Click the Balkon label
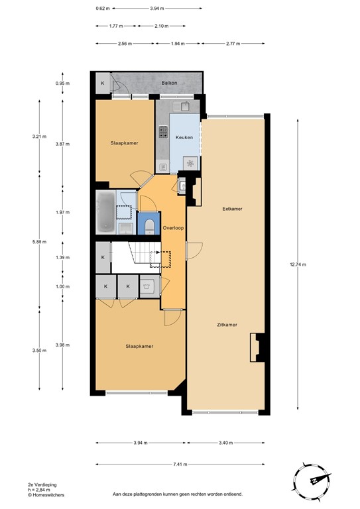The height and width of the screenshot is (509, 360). pyautogui.click(x=169, y=84)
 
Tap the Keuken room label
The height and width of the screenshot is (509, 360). pyautogui.click(x=184, y=137)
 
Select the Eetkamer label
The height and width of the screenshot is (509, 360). pyautogui.click(x=232, y=209)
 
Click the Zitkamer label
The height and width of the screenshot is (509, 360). pyautogui.click(x=227, y=324)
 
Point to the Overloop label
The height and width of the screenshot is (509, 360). pyautogui.click(x=174, y=229)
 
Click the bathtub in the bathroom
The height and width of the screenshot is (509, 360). pyautogui.click(x=105, y=211)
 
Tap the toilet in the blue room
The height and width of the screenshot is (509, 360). pyautogui.click(x=149, y=225)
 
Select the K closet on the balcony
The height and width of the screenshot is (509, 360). pyautogui.click(x=103, y=84)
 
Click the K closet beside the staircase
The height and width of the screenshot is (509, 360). pyautogui.click(x=103, y=258)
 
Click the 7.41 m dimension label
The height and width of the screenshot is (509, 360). pyautogui.click(x=180, y=464)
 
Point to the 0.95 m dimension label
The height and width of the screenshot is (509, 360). pyautogui.click(x=63, y=84)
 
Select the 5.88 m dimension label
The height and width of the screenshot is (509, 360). pyautogui.click(x=39, y=242)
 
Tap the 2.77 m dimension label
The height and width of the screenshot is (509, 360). pyautogui.click(x=232, y=43)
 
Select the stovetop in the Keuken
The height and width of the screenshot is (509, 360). pyautogui.click(x=162, y=132)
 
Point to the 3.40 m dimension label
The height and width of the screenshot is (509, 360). pyautogui.click(x=225, y=443)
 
